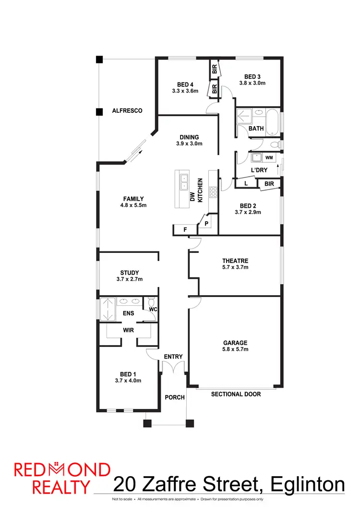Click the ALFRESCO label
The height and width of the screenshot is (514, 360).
(127, 111)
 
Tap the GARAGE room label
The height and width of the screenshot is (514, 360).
(235, 343)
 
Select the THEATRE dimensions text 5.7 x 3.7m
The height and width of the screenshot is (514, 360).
(235, 267)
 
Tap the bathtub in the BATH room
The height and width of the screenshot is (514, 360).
(273, 122)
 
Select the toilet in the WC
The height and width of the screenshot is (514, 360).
(151, 302)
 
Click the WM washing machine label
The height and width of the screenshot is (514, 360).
(269, 157)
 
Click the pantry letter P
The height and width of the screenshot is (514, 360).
(206, 224)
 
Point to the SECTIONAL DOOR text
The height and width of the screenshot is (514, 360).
(236, 394)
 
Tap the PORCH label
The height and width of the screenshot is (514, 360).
(173, 397)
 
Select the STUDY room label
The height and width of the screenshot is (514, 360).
(130, 273)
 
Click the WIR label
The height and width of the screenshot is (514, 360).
(128, 330)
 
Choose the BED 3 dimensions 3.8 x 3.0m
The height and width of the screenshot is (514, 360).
(252, 83)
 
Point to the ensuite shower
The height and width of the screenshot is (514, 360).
(106, 309)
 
